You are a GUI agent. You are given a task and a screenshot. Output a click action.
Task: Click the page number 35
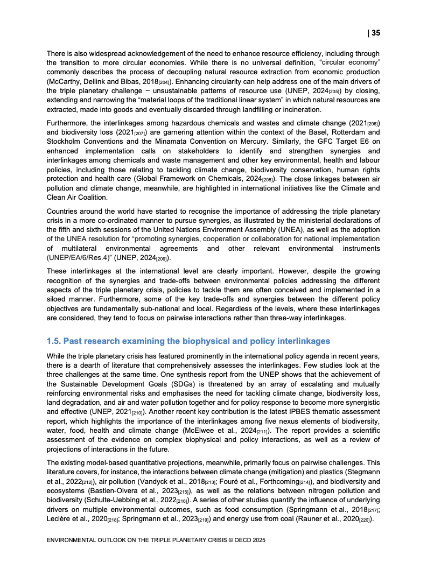pyautogui.click(x=376, y=33)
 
